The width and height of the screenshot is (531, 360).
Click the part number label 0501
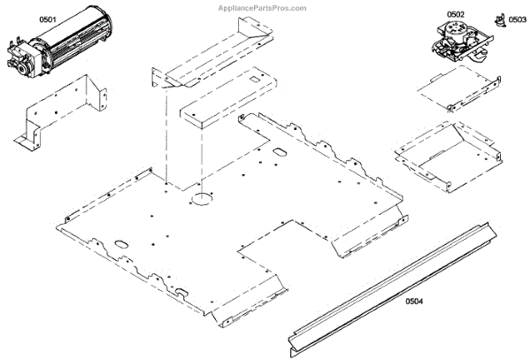pos(21,19)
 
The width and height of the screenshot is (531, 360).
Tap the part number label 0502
pos(455,15)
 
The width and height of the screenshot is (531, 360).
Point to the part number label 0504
pos(413,302)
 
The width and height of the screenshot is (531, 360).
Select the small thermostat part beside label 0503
pos(499,19)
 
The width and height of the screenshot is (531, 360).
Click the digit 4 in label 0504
pos(420,302)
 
